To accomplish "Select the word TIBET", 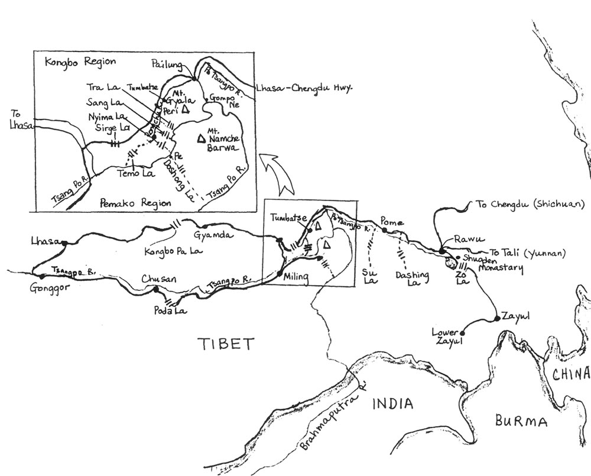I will click(x=225, y=344).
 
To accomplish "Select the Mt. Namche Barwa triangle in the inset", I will click(x=201, y=138).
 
